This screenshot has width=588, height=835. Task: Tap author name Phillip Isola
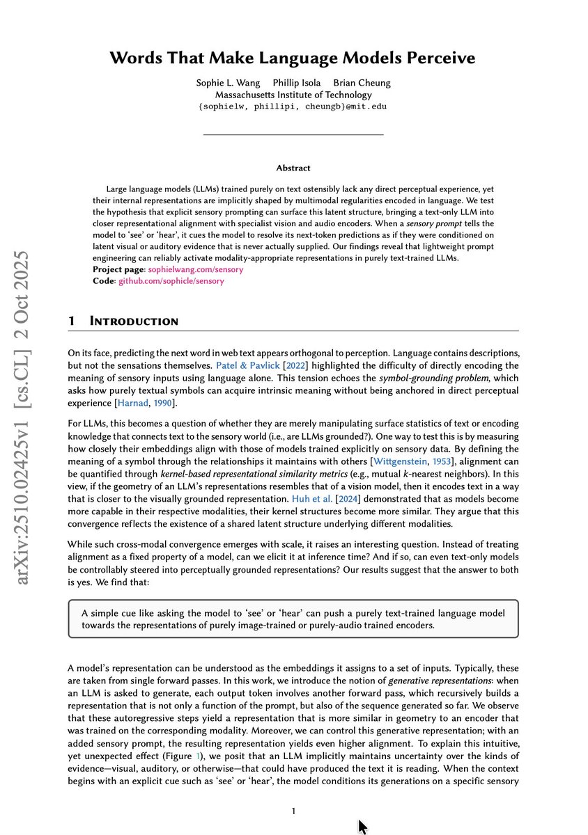297,83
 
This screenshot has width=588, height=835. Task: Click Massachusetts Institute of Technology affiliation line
293,95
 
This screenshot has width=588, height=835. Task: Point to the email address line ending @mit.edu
293,106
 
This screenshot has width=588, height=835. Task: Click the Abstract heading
293,168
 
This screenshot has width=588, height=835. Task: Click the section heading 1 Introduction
124,321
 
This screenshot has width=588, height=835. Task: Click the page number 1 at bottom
294,811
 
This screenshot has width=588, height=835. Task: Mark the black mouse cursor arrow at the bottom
362,825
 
